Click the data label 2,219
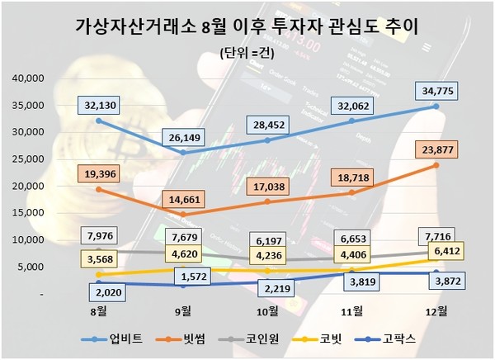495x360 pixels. click(267, 289)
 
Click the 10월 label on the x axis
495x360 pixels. click(267, 312)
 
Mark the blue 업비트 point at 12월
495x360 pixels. click(436, 107)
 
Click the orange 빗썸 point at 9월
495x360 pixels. click(183, 215)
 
